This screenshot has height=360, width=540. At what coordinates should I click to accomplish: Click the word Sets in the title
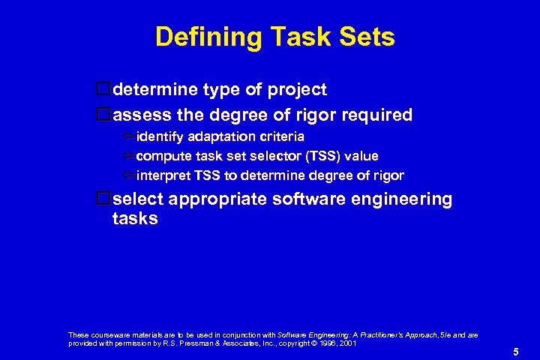(365, 37)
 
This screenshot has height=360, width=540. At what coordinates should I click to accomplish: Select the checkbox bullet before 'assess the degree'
(104, 115)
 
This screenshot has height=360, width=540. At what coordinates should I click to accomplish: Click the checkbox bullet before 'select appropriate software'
(104, 199)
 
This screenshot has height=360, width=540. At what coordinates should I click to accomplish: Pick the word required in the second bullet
(379, 115)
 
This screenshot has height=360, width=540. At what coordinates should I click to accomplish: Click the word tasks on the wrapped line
(135, 218)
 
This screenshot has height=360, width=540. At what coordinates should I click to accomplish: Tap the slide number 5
(516, 350)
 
